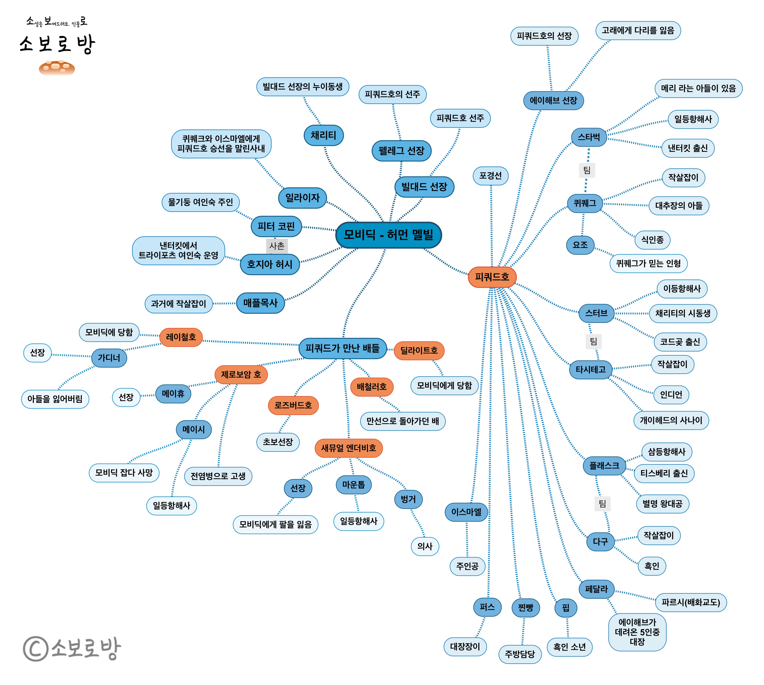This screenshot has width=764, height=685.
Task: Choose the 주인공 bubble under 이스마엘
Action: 467,566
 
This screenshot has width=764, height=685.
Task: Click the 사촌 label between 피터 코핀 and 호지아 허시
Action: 277,246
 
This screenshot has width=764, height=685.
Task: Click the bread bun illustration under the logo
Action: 57,68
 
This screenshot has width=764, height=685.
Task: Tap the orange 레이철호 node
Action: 181,337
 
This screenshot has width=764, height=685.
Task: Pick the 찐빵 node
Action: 525,607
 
